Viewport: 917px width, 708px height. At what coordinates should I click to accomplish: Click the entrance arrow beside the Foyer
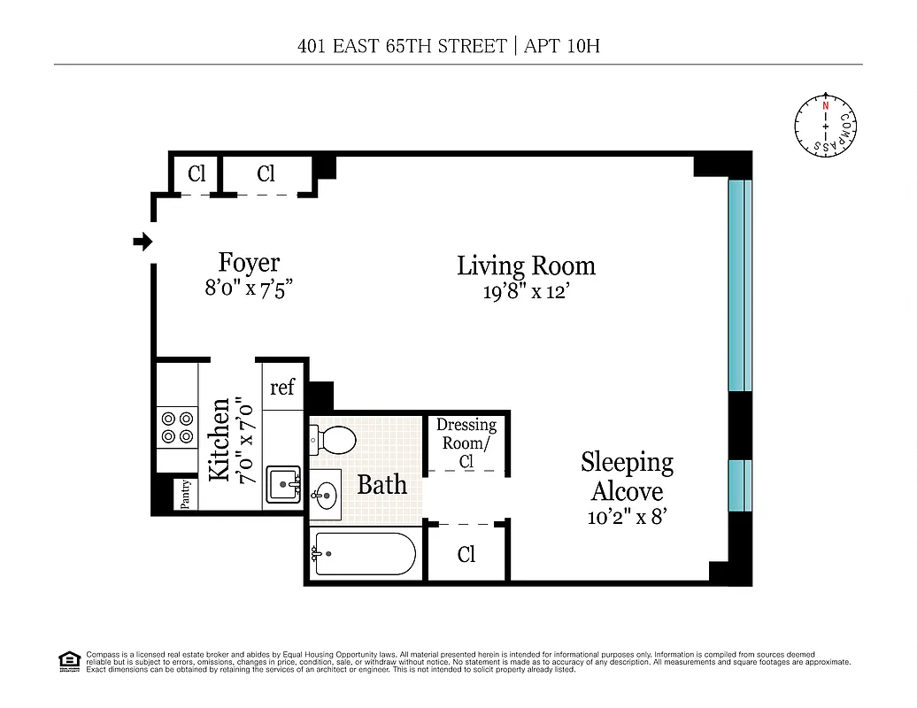tap(142, 242)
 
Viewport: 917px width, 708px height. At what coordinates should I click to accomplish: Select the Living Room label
tap(526, 265)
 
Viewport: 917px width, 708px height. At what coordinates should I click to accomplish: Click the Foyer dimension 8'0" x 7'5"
tap(249, 288)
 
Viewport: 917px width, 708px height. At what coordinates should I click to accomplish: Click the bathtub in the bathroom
tap(363, 554)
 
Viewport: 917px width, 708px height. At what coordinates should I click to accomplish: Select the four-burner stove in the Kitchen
tap(177, 427)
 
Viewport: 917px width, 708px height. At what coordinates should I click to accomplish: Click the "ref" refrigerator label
tap(282, 387)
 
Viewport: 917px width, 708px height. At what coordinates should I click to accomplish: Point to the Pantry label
tap(186, 495)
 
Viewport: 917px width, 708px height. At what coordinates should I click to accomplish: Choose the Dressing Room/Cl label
tap(466, 442)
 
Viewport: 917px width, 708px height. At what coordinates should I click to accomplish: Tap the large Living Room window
tap(739, 285)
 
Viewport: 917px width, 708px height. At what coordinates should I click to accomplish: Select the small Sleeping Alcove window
tap(739, 485)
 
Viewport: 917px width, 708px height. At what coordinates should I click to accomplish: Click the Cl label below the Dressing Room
tap(466, 555)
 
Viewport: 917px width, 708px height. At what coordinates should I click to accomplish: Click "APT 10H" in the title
tap(562, 46)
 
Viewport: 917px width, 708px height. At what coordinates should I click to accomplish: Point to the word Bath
tap(382, 484)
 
